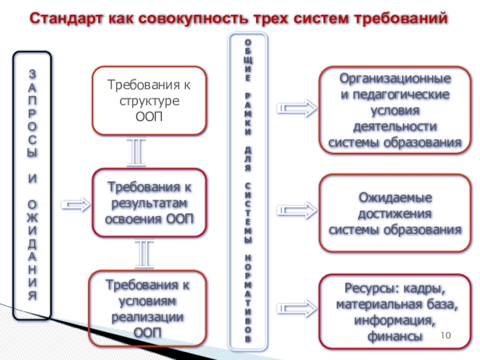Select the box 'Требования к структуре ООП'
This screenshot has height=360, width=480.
[x=149, y=100]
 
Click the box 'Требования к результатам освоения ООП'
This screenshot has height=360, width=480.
[x=149, y=202]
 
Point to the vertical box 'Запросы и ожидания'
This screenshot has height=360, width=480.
[x=32, y=186]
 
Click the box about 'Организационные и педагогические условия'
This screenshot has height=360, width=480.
[x=395, y=111]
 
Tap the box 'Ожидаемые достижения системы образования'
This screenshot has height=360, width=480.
[x=395, y=214]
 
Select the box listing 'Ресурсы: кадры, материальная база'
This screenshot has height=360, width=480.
[x=395, y=312]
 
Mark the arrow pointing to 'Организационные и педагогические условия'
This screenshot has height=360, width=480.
[x=296, y=109]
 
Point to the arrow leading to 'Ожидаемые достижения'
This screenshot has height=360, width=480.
[x=296, y=209]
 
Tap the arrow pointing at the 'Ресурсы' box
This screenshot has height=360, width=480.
[x=296, y=307]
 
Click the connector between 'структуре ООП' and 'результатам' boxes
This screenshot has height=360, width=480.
[x=137, y=151]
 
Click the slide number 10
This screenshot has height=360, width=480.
[x=445, y=335]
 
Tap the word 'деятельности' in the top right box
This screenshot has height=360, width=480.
[x=394, y=127]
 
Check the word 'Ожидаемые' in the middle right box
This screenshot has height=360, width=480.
[x=395, y=198]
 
